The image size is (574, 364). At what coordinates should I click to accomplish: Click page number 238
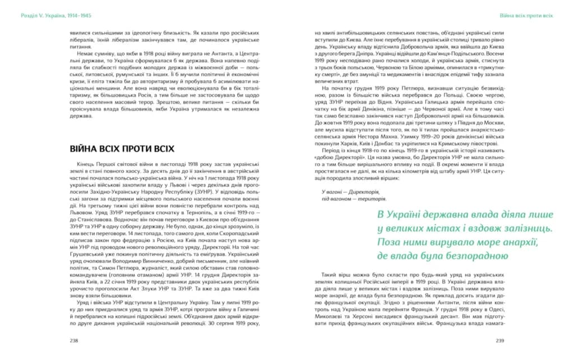tap(73, 340)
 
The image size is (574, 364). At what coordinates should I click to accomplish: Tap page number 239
tap(501, 340)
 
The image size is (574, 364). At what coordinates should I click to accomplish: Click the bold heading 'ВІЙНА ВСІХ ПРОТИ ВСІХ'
tap(122, 149)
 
